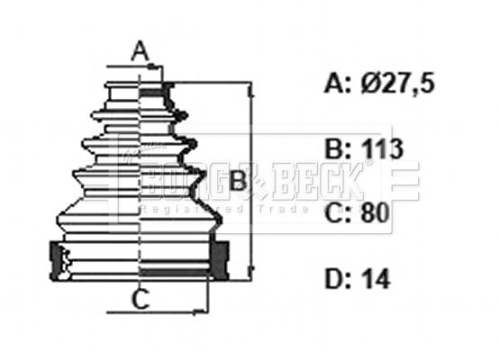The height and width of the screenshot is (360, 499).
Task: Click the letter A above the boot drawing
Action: point(140,51)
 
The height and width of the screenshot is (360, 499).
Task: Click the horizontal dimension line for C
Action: point(153,312)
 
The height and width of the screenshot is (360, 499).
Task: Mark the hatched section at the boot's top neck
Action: point(168,89)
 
